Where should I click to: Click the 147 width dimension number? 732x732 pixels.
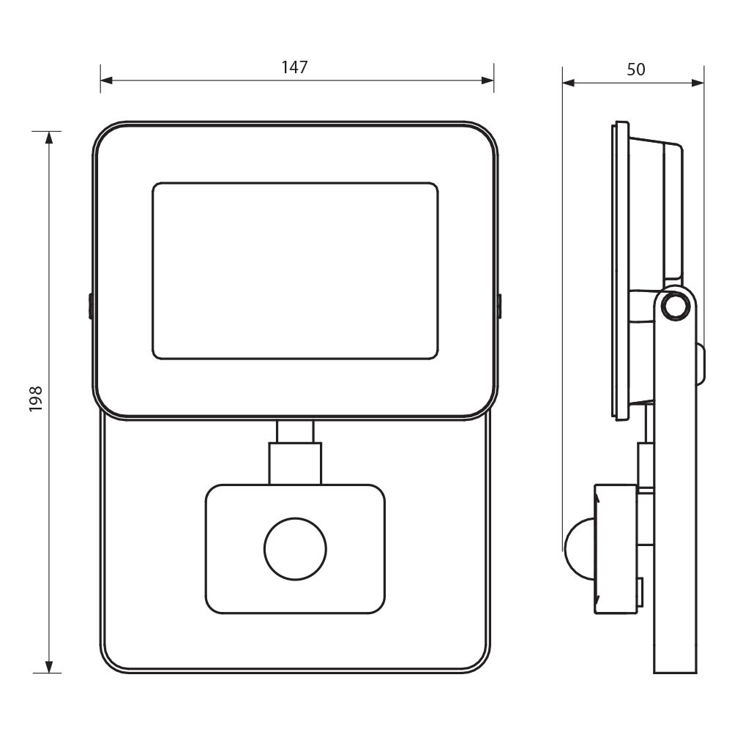(x=294, y=67)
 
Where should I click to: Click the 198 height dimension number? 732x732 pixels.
(x=36, y=398)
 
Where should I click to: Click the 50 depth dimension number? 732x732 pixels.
(x=635, y=70)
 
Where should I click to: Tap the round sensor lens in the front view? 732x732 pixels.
(x=295, y=548)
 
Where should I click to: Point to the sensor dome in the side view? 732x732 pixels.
(x=579, y=548)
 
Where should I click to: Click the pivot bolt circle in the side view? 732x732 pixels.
(x=676, y=307)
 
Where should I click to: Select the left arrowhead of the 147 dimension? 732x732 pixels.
(x=106, y=81)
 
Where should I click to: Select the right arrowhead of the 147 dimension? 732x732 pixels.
(x=488, y=81)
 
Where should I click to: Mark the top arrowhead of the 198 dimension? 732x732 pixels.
(x=48, y=138)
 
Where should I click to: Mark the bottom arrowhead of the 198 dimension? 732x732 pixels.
(x=48, y=667)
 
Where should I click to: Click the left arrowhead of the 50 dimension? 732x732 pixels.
(x=569, y=83)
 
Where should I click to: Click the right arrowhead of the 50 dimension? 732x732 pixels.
(x=698, y=83)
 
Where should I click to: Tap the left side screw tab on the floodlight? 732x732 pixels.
(x=91, y=306)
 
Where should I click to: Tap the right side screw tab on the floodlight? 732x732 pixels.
(x=499, y=306)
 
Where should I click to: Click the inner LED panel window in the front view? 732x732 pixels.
(x=295, y=271)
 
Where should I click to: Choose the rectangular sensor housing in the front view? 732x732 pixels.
(x=295, y=549)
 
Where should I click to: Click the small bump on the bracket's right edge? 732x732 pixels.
(x=701, y=364)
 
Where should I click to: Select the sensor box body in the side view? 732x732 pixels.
(x=616, y=549)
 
